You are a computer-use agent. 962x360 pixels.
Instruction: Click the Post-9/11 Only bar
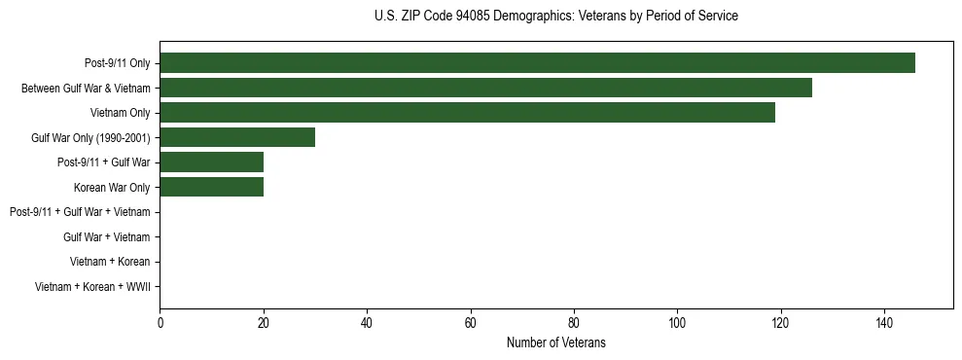537,63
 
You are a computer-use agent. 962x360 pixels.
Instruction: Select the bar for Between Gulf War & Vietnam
485,88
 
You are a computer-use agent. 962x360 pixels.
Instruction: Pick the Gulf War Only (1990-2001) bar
237,137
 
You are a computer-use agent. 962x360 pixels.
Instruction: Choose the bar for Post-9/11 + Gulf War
211,162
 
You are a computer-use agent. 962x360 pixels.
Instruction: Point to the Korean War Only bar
211,187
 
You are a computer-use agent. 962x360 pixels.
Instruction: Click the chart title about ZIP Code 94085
555,17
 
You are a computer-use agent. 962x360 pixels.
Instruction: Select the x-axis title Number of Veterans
555,342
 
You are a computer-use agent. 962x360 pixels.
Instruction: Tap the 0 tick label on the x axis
160,323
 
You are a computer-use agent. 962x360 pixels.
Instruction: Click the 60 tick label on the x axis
470,323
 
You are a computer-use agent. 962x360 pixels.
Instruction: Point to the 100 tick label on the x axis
677,323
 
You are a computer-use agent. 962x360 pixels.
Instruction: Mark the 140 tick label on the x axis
884,323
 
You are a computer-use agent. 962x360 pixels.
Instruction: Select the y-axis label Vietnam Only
120,113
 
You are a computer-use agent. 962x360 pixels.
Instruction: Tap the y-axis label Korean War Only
112,187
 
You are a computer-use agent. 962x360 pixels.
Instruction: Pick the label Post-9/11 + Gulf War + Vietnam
80,212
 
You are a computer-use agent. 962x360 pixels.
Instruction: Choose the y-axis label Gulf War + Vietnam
106,236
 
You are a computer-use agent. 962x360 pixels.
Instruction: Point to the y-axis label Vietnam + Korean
110,262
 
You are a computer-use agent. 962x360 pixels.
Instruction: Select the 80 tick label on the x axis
574,323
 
